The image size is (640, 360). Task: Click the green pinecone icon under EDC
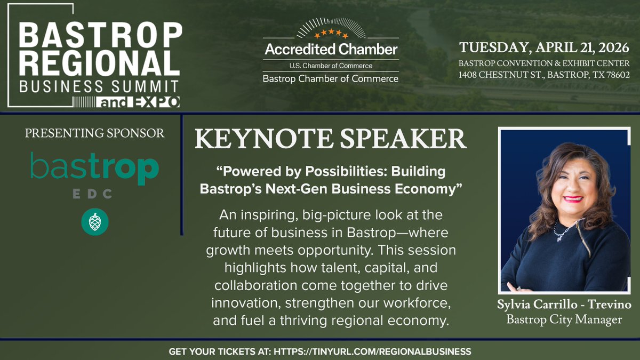click(x=95, y=221)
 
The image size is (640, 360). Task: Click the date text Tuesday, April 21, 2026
click(x=544, y=47)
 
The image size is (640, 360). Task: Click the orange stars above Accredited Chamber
click(x=331, y=35)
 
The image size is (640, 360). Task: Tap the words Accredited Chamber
click(x=331, y=50)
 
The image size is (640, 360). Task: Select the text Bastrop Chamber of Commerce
click(x=331, y=79)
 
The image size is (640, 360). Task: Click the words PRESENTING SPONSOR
click(x=94, y=133)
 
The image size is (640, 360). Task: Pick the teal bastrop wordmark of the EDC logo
click(x=94, y=169)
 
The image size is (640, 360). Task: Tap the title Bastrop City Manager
click(x=565, y=320)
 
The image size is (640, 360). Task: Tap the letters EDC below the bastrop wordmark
click(x=94, y=195)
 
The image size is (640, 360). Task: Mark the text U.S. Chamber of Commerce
click(x=331, y=66)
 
